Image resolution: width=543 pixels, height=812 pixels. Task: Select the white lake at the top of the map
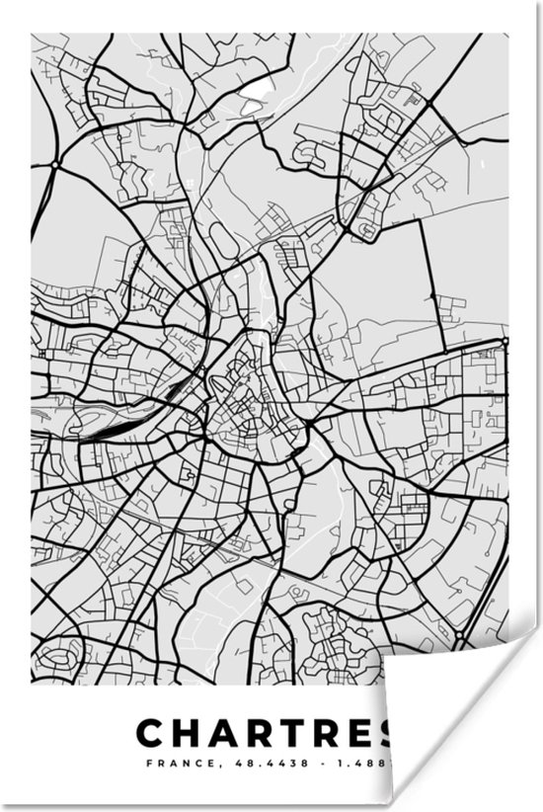[x=255, y=90]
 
